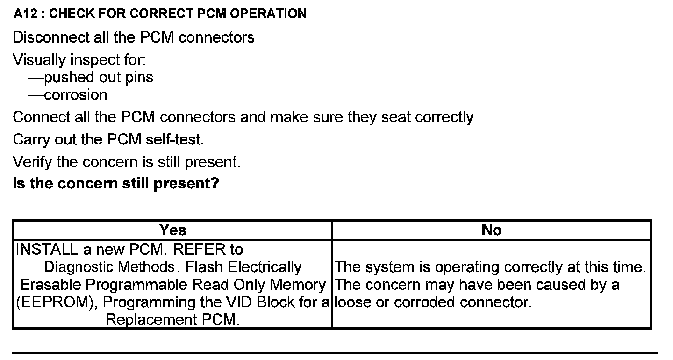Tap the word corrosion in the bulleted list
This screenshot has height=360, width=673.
[x=76, y=95]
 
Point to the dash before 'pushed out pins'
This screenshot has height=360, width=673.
[x=36, y=77]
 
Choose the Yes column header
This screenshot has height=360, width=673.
[x=172, y=230]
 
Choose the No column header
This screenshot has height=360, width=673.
[x=491, y=230]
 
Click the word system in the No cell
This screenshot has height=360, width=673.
[x=388, y=267]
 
